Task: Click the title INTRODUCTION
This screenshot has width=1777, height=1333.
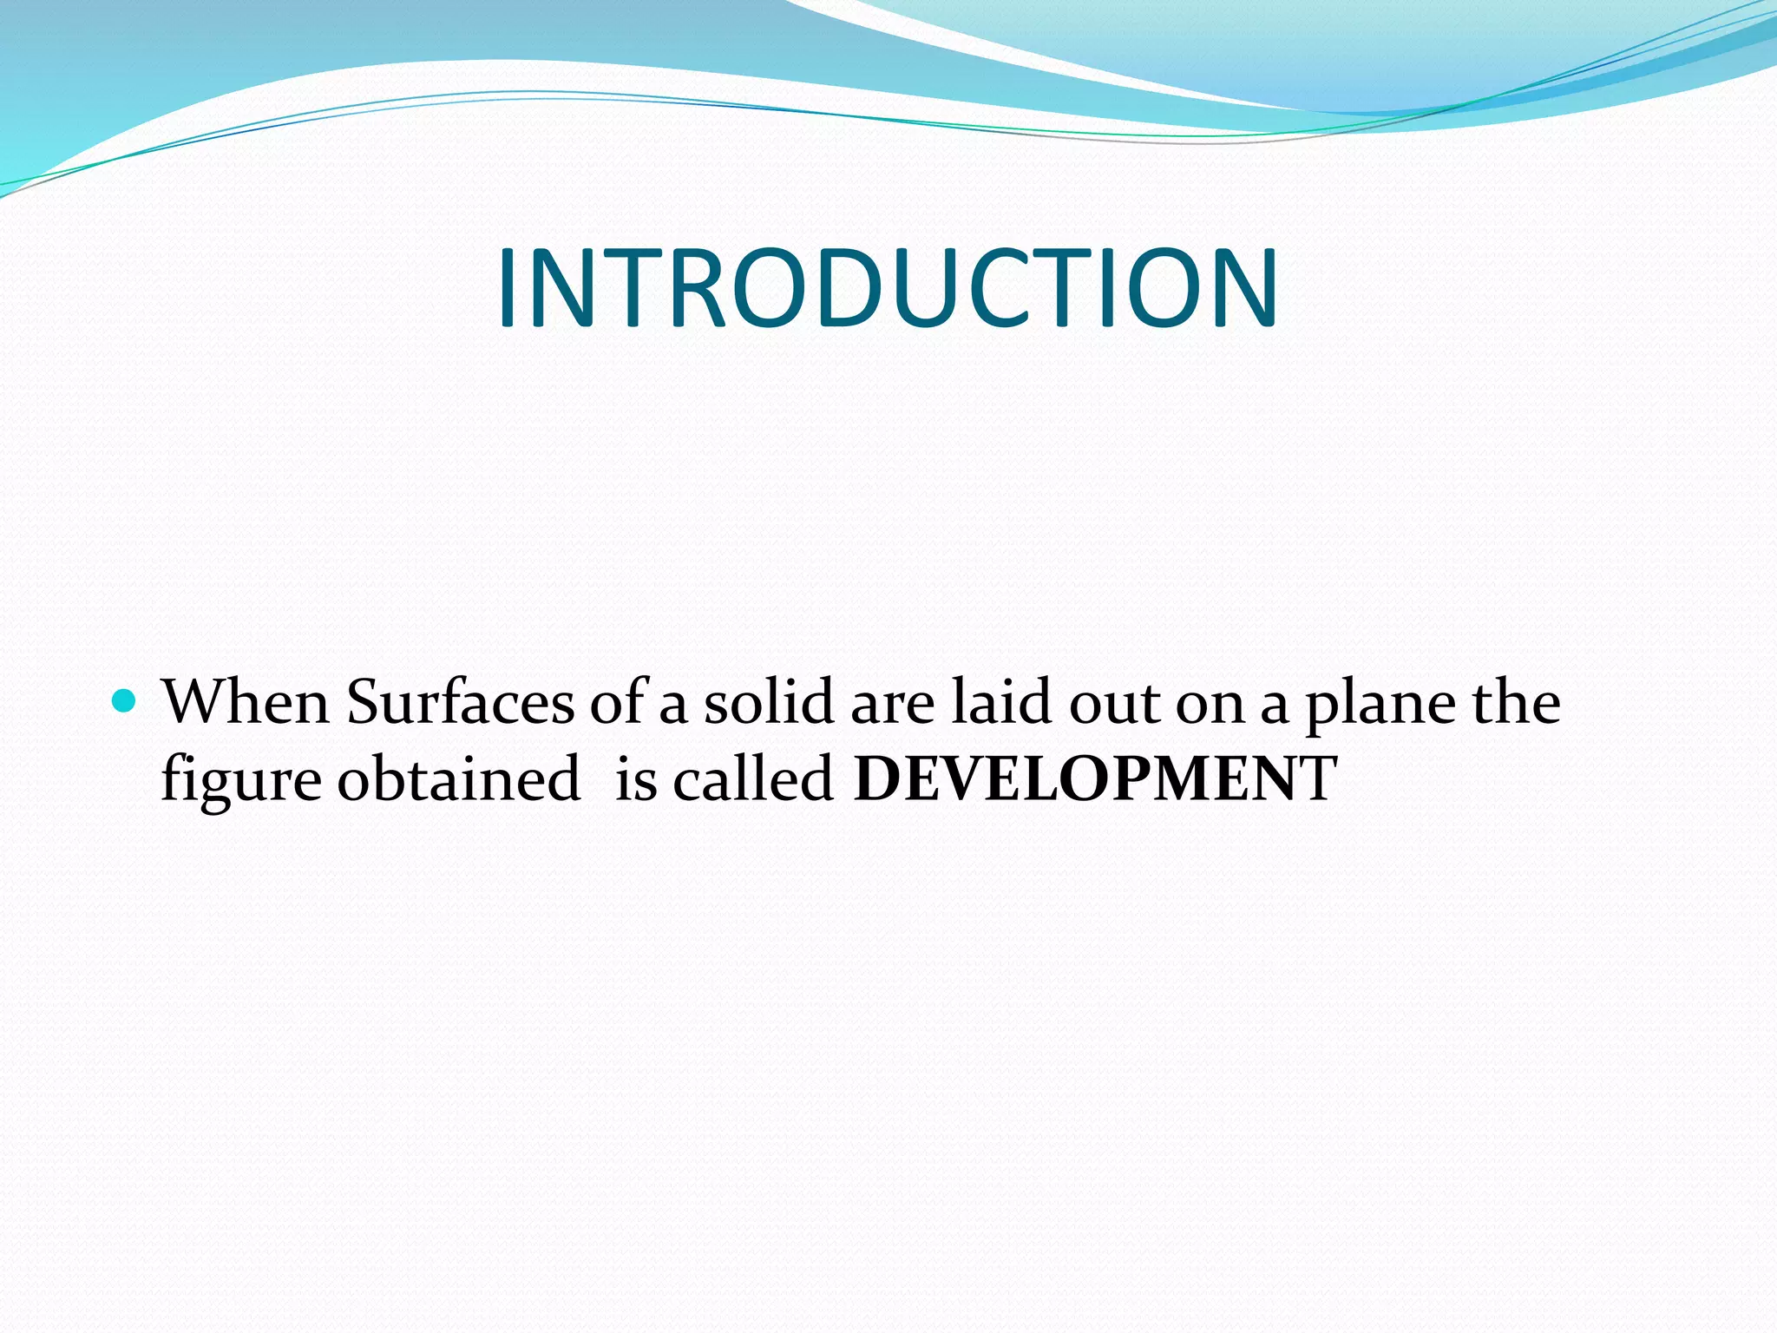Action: (887, 288)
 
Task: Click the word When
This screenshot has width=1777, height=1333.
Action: (246, 701)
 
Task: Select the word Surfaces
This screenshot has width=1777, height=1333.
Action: (460, 701)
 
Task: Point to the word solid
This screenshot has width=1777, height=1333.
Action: (769, 701)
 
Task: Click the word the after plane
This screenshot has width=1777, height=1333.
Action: (1516, 701)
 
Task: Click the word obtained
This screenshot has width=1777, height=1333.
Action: (458, 778)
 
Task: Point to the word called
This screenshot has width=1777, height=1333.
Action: (753, 778)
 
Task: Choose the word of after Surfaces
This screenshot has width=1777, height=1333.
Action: (620, 701)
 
